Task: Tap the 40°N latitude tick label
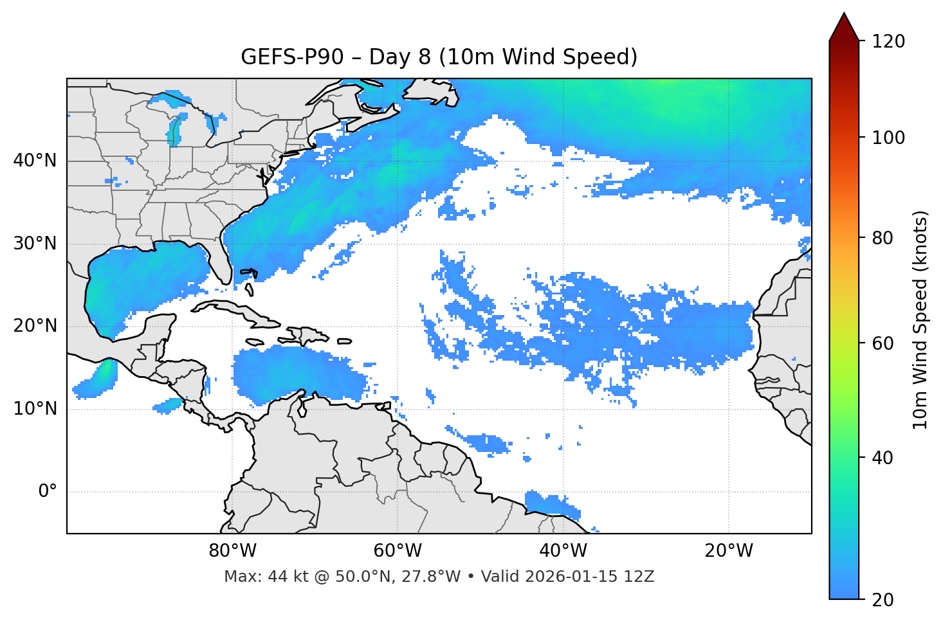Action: click(x=35, y=161)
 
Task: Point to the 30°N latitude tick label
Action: click(x=35, y=244)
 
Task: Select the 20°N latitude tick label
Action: click(x=35, y=326)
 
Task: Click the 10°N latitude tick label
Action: click(x=35, y=409)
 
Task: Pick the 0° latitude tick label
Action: click(x=48, y=492)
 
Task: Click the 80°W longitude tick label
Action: click(x=232, y=551)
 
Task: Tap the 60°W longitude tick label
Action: click(x=398, y=551)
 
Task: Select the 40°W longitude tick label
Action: click(x=563, y=551)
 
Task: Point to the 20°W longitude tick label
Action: click(x=728, y=551)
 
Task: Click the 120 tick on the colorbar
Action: click(x=889, y=42)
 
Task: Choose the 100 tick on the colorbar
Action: click(x=889, y=138)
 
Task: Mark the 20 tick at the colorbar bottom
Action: click(x=883, y=600)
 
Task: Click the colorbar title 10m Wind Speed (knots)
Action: click(x=920, y=320)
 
